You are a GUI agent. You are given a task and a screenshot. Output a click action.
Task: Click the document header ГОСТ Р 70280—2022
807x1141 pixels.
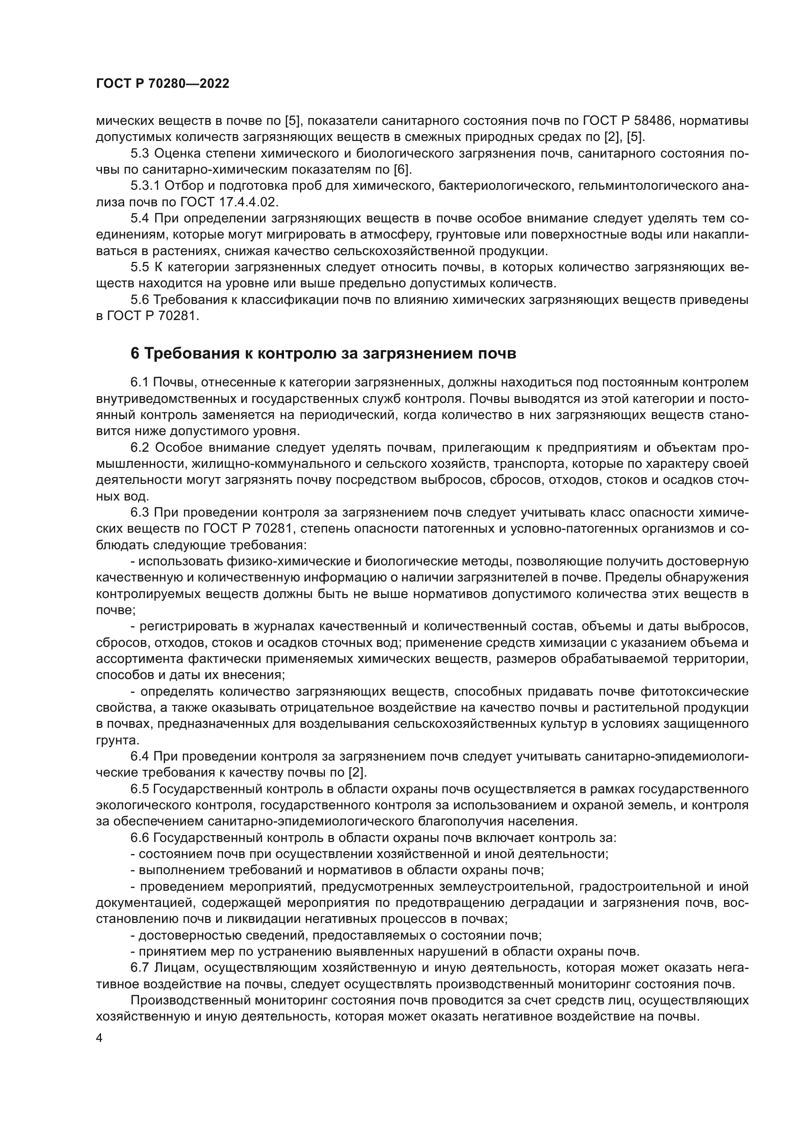pos(162,84)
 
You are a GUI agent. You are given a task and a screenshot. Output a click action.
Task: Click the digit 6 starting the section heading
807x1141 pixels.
pos(135,354)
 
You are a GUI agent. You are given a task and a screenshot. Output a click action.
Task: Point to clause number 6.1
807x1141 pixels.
pos(140,382)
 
